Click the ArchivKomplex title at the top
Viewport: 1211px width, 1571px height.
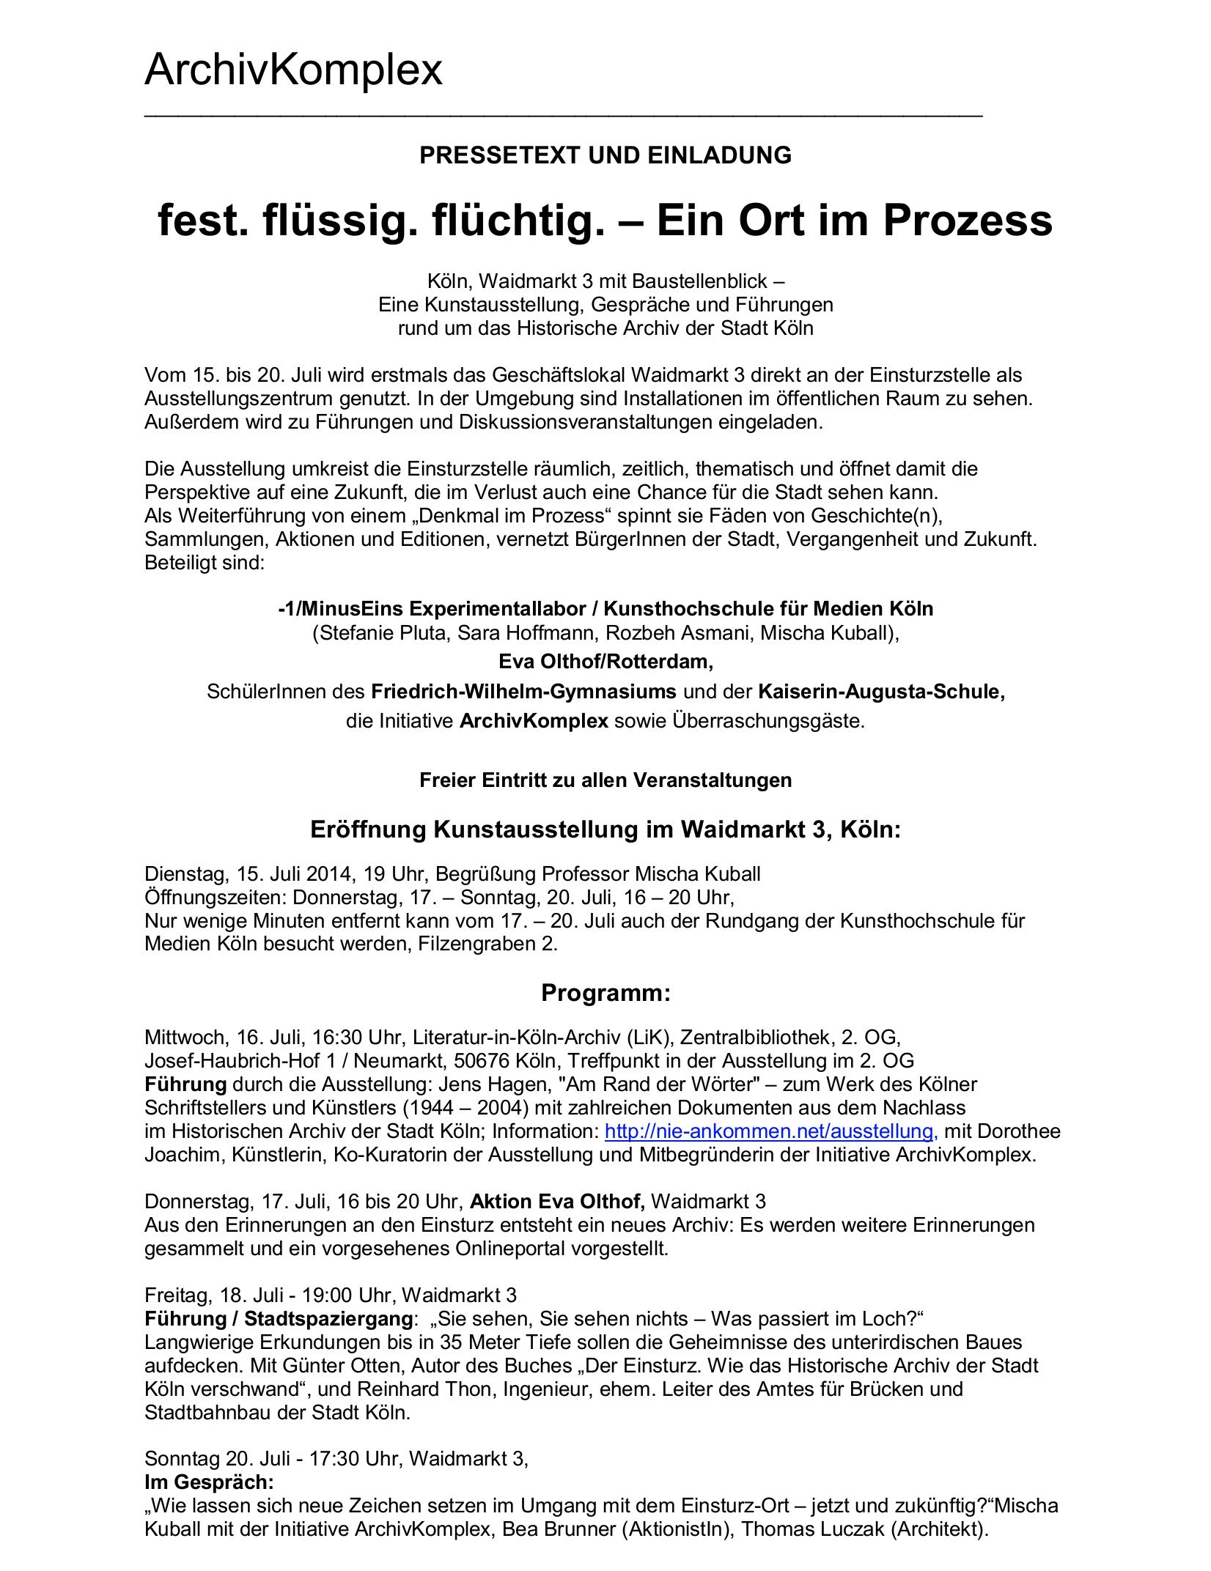[x=293, y=70]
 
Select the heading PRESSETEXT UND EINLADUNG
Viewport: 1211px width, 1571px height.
[x=605, y=155]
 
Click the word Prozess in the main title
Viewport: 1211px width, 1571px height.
[x=968, y=221]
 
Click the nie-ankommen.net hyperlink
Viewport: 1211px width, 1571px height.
[x=770, y=1131]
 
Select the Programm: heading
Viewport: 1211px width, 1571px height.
[x=605, y=993]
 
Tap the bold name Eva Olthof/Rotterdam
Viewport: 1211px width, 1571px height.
[x=605, y=662]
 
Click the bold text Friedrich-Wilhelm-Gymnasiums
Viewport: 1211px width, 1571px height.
[x=523, y=691]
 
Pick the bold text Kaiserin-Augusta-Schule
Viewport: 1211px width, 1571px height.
[x=881, y=691]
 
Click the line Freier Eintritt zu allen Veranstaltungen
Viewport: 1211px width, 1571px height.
[x=605, y=780]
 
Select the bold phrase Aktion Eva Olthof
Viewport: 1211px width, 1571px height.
[x=557, y=1201]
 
